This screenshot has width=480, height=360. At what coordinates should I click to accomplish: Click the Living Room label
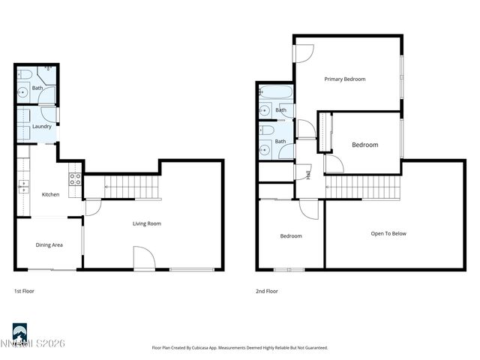click(x=147, y=223)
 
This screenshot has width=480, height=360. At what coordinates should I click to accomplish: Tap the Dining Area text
click(x=49, y=244)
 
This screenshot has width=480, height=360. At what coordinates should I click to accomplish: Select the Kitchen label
click(x=50, y=195)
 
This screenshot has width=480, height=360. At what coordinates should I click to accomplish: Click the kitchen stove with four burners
click(x=75, y=179)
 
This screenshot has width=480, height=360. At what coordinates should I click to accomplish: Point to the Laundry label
click(x=42, y=126)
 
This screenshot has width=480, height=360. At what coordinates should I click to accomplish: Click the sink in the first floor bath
click(x=23, y=94)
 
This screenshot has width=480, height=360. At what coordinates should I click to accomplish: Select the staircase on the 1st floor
click(x=132, y=187)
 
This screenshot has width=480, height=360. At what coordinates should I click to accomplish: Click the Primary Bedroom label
click(x=344, y=79)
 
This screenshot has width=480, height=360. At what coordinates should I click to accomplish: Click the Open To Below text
click(x=388, y=234)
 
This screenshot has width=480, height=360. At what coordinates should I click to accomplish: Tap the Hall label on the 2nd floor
click(x=308, y=175)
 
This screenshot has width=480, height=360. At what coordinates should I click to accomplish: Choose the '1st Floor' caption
click(x=24, y=291)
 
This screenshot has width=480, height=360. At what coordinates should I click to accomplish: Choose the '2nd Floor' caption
click(x=268, y=291)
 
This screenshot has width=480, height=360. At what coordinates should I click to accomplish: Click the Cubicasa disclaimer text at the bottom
click(x=239, y=348)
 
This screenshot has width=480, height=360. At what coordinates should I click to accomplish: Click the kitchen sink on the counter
click(x=22, y=184)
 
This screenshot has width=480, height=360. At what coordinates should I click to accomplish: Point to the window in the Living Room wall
click(x=185, y=269)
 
